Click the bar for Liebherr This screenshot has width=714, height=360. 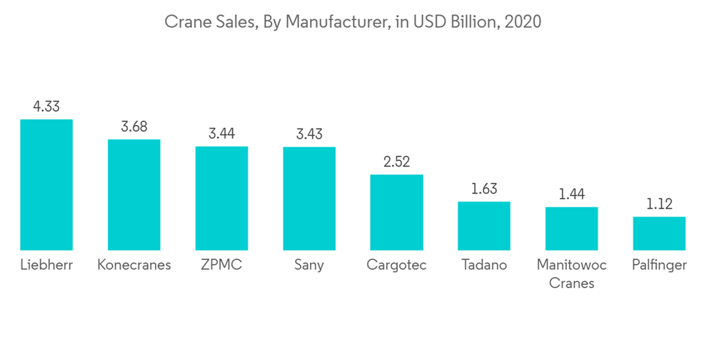(x=46, y=184)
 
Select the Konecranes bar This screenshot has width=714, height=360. (x=134, y=194)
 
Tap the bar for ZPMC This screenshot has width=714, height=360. (x=221, y=198)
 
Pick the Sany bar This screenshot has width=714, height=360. (x=309, y=198)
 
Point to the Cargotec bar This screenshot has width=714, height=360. (x=396, y=212)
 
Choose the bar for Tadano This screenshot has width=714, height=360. (x=484, y=226)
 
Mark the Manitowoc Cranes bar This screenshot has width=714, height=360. (x=571, y=229)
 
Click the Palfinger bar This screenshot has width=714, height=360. (x=659, y=234)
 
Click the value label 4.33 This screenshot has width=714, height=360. (x=46, y=106)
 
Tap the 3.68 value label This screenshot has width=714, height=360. (x=134, y=126)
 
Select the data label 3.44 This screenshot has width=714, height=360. (x=221, y=134)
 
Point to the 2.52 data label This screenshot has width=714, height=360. (x=396, y=162)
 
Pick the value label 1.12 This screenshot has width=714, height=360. (x=659, y=204)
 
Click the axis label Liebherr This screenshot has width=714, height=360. (x=46, y=265)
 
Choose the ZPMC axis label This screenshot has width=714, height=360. (x=221, y=265)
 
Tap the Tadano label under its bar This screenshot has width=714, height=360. (x=484, y=265)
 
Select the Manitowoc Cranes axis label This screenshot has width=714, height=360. (x=571, y=274)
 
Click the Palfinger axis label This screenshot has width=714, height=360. (x=659, y=265)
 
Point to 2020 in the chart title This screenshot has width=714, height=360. (x=523, y=22)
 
